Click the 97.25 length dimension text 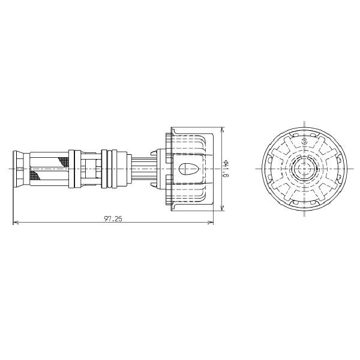pos(113,219)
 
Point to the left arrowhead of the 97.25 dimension pos(15,224)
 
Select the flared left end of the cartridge pos(18,169)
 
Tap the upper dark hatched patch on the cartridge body pos(62,160)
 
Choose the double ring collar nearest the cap pos(108,169)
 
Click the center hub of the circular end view pos(303,169)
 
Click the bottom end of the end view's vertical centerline pos(303,218)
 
